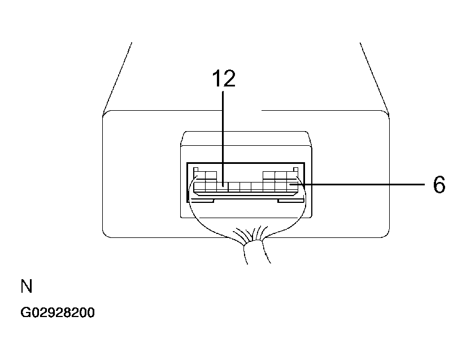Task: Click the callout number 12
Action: coord(224,79)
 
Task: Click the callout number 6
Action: coord(439,185)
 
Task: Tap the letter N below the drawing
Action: coord(27,286)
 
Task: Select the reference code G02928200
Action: coord(58,313)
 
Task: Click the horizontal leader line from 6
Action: coord(358,185)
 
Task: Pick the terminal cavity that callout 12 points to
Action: coord(223,187)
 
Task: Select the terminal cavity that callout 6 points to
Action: coord(293,187)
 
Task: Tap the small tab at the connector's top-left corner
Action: coord(196,170)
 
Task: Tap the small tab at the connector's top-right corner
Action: coord(295,170)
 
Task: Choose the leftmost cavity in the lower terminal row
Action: coord(199,187)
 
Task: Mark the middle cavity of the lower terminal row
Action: coord(246,187)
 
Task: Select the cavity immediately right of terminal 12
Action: coord(234,187)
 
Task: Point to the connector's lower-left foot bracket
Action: coord(202,201)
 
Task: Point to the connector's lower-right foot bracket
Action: coord(291,201)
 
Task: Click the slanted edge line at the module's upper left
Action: coord(117,79)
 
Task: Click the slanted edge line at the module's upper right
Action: coord(374,79)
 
